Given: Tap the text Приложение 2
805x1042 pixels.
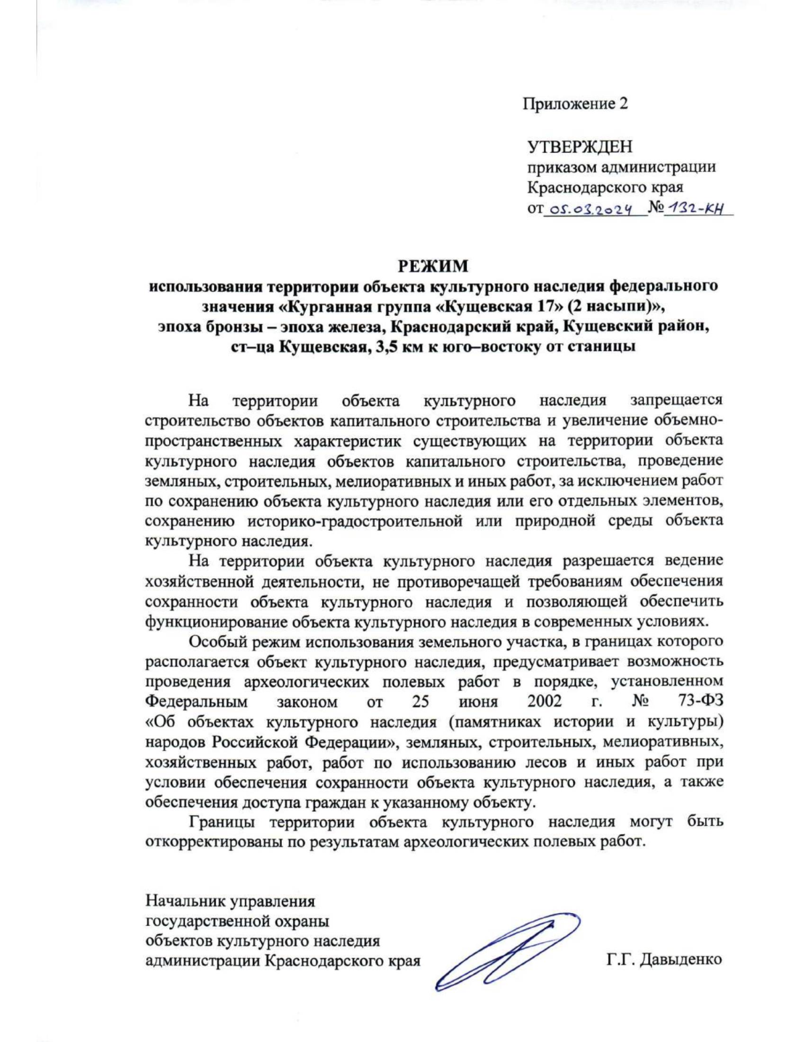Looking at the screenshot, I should tap(576, 104).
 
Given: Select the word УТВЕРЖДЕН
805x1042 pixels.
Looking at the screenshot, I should tap(580, 146).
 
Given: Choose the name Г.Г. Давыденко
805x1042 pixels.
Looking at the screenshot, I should tap(664, 959).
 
